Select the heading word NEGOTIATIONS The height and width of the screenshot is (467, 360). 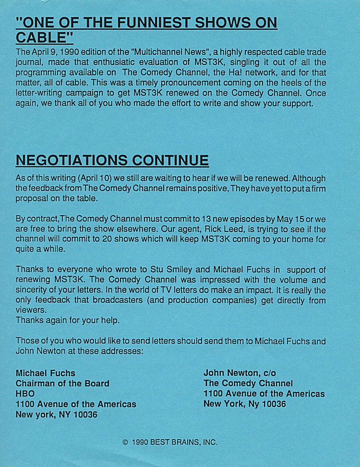tap(68, 160)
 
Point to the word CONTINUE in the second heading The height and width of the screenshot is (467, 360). tap(170, 160)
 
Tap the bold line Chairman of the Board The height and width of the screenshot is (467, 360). tap(62, 383)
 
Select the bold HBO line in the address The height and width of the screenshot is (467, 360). tap(25, 394)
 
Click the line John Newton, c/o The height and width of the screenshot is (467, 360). tap(240, 373)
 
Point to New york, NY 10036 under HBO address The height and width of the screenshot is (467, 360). tap(56, 415)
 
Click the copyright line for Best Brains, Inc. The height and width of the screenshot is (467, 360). tap(170, 442)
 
